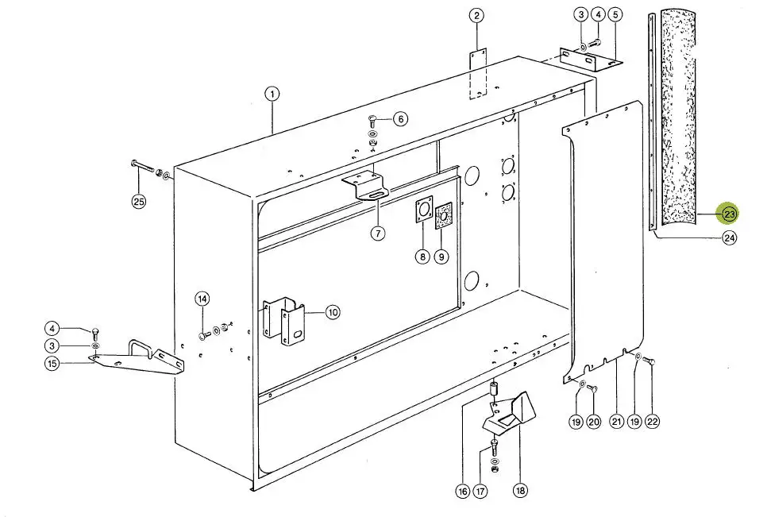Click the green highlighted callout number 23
pos(730,214)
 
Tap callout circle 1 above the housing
pos(272,94)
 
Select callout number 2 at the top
pos(477,16)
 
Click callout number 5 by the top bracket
pos(615,14)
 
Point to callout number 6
pos(400,119)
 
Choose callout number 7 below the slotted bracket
pos(378,233)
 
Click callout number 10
pos(332,312)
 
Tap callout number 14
pos(202,299)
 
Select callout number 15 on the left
pos(52,364)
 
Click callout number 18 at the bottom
pos(521,490)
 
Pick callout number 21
pos(616,421)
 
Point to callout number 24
pos(730,238)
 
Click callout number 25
pos(140,201)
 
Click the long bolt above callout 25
pos(143,167)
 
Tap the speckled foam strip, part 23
pos(677,118)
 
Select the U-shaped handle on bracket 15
pos(141,348)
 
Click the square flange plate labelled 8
pos(424,210)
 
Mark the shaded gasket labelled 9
pos(444,216)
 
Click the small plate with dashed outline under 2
pos(478,73)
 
